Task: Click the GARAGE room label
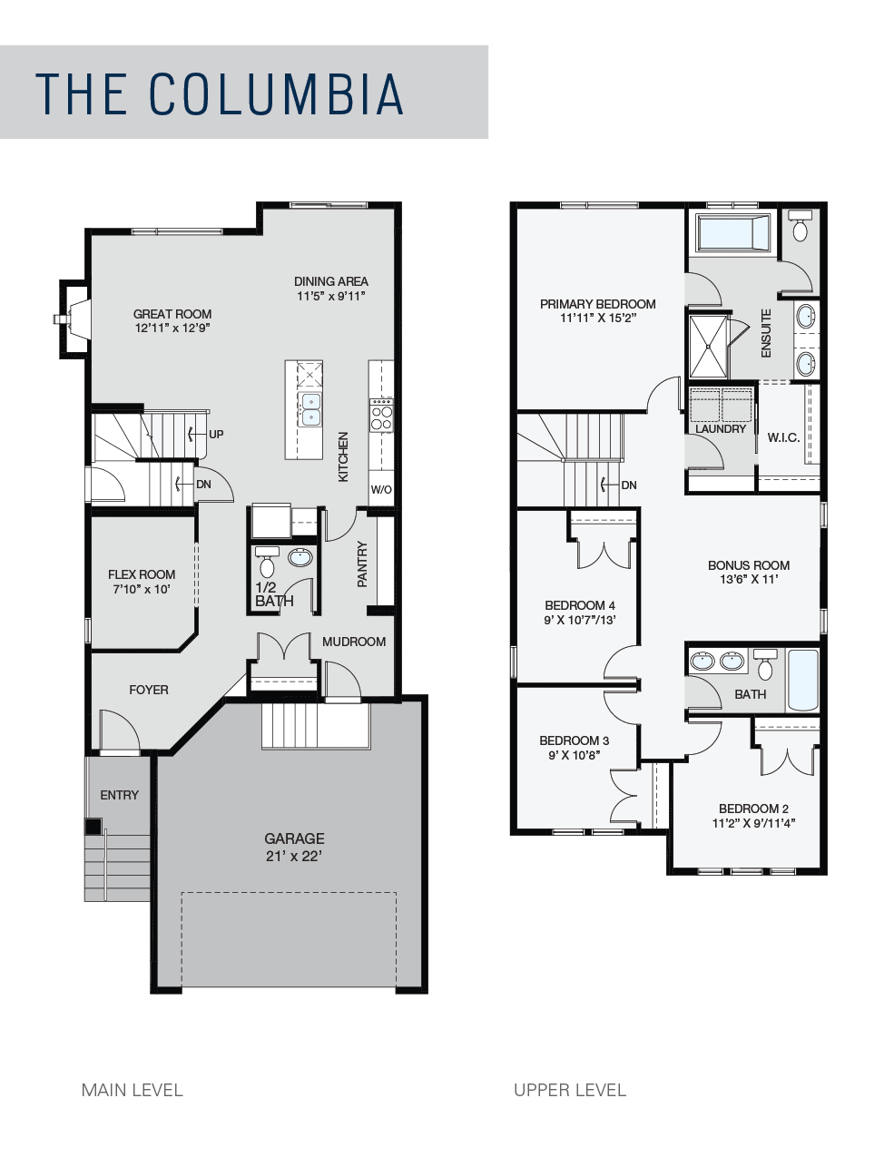294,838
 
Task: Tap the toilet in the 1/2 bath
266,562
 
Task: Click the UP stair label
216,435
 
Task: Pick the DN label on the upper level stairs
629,485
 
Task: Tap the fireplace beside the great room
73,319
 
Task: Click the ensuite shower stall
708,347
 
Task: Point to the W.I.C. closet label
783,437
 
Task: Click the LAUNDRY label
721,429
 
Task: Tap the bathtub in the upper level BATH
803,680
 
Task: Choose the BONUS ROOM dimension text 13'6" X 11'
749,579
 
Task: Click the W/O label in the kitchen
381,490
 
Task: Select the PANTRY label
363,564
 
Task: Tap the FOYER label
149,690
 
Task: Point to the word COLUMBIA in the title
276,93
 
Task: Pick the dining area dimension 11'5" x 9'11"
330,296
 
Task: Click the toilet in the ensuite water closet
800,226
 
